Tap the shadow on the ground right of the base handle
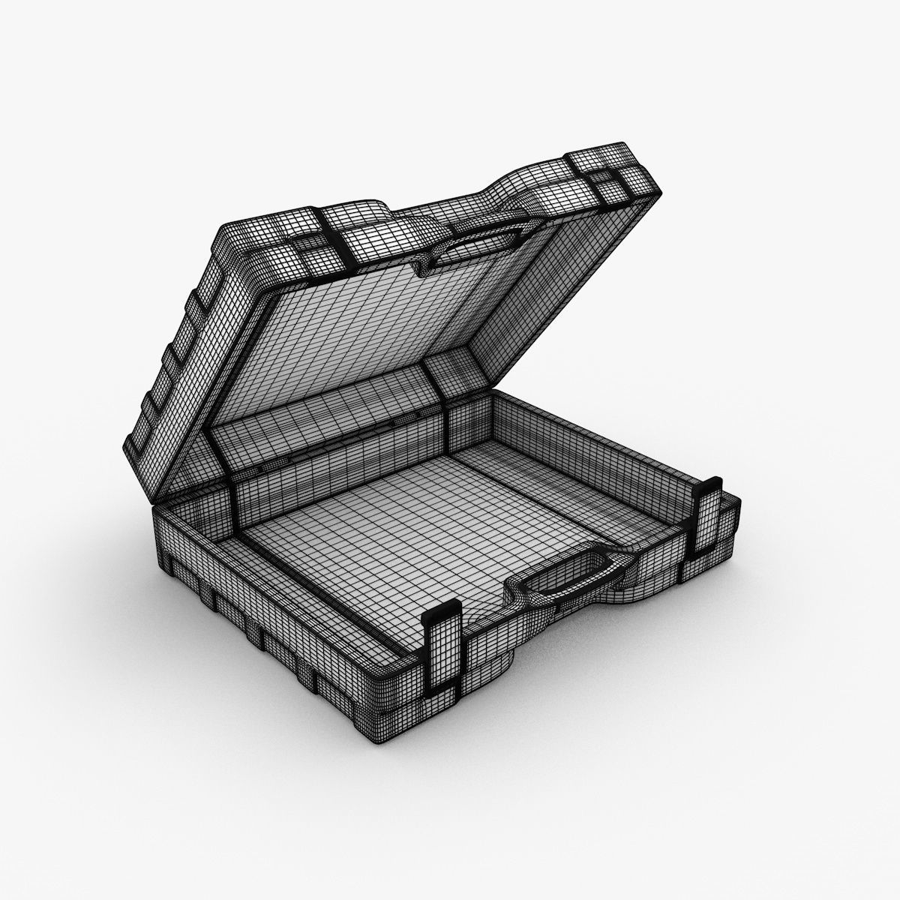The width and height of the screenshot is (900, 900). click(x=675, y=622)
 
